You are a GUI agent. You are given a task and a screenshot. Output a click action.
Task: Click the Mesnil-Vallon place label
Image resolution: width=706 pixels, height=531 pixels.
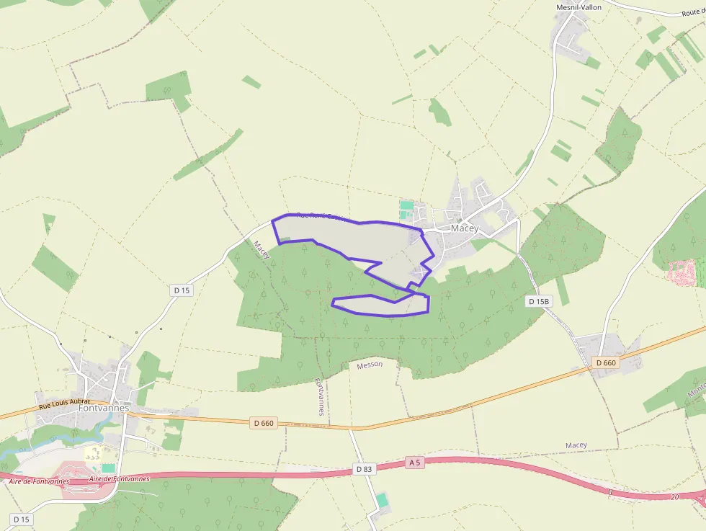[x=578, y=7]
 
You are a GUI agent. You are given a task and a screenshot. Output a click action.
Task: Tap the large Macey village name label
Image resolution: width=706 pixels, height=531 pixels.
[x=465, y=228]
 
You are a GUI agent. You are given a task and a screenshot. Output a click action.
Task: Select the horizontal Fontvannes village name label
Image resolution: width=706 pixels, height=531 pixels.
[x=103, y=408]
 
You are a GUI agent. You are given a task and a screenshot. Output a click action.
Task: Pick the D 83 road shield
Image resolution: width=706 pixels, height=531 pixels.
[x=365, y=469]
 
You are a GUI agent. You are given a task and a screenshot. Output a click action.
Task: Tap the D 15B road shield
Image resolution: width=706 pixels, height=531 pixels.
[x=537, y=301]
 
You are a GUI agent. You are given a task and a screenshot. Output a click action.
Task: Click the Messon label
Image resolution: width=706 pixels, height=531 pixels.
[x=370, y=365]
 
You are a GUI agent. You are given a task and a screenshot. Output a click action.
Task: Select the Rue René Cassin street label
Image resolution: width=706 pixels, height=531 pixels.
[x=322, y=215]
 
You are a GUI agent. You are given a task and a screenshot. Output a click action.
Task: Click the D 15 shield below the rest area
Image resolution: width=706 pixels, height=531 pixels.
[x=21, y=519]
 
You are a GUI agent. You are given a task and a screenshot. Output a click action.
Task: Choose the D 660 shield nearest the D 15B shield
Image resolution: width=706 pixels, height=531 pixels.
[x=606, y=363]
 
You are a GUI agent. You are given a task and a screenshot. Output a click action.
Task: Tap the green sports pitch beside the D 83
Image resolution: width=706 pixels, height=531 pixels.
[x=381, y=499]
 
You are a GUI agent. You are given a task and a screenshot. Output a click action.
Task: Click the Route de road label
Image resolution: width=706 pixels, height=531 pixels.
[x=692, y=13]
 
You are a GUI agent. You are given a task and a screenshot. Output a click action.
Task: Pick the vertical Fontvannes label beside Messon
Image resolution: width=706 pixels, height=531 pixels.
[x=321, y=397]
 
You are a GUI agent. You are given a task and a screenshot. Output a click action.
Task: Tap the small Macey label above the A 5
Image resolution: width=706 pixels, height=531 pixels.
[x=576, y=445]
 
